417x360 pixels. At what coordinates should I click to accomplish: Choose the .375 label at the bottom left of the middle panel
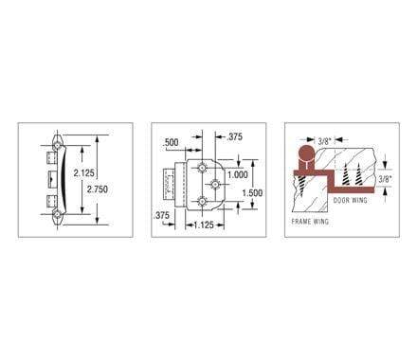[162, 217]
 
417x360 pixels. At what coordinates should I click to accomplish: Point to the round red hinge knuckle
[306, 154]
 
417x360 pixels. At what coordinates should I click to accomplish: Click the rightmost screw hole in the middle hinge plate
[217, 182]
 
